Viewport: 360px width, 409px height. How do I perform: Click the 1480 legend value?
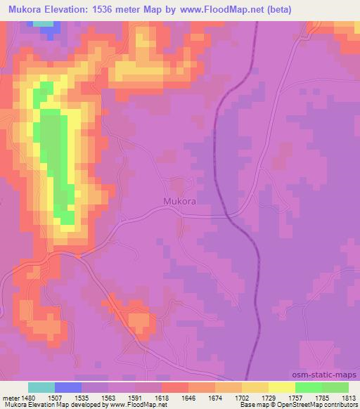[x=27, y=397]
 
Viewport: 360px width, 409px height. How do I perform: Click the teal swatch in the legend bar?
[x=41, y=387]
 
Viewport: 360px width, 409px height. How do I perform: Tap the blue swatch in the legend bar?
[x=68, y=387]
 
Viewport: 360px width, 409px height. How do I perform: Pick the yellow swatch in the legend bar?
[x=281, y=387]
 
